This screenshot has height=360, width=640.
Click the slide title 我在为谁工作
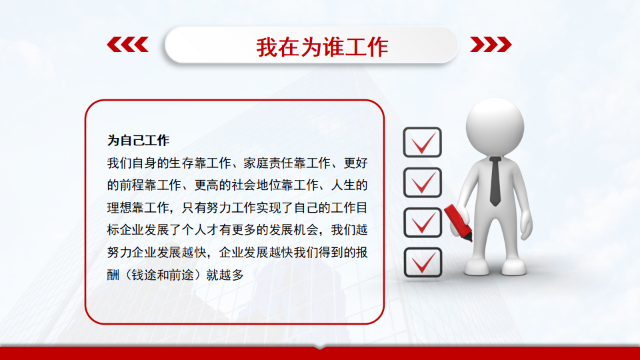(322, 47)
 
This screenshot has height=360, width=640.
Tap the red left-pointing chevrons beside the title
(128, 45)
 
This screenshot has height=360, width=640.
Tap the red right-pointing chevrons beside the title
(491, 45)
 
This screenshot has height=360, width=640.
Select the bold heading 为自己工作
(138, 141)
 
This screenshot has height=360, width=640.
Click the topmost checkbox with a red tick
(423, 142)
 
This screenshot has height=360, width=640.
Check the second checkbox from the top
(423, 182)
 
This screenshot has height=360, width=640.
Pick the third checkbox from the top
(423, 223)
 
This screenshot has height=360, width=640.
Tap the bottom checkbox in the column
(423, 263)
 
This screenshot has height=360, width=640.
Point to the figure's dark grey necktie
(495, 181)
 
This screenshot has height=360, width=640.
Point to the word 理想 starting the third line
(119, 208)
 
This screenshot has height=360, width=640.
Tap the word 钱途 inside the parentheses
(144, 275)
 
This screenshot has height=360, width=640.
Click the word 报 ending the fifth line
(361, 253)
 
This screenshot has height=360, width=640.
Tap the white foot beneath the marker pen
(477, 267)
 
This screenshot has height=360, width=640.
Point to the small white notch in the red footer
(320, 348)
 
